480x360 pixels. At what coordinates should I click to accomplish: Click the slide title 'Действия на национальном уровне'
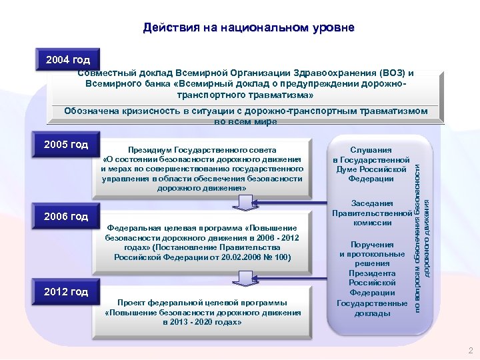click(x=249, y=28)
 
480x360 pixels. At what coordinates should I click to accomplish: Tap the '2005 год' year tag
click(x=65, y=145)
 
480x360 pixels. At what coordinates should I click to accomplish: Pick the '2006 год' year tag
click(x=65, y=217)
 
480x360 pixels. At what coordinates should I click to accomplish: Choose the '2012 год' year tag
click(x=65, y=292)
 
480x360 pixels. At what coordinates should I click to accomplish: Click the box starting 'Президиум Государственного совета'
click(x=203, y=169)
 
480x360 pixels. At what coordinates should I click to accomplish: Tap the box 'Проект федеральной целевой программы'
click(x=203, y=312)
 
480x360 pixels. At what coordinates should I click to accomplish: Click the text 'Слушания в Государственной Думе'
click(x=371, y=165)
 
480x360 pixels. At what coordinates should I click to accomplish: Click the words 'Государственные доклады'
click(x=372, y=308)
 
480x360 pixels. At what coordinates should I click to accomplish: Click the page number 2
click(x=471, y=351)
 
